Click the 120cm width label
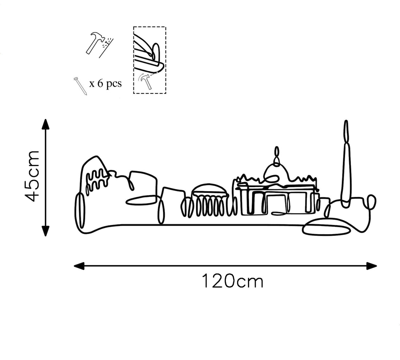(x=232, y=281)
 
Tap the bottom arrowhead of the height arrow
(x=45, y=230)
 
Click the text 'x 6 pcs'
(x=105, y=84)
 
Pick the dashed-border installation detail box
(x=149, y=60)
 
